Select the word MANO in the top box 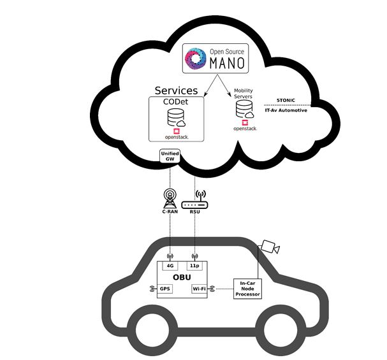pyautogui.click(x=224, y=62)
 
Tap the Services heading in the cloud pyautogui.click(x=177, y=90)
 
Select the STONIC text pyautogui.click(x=286, y=100)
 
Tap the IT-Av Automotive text pyautogui.click(x=286, y=110)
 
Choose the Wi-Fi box pyautogui.click(x=200, y=289)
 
